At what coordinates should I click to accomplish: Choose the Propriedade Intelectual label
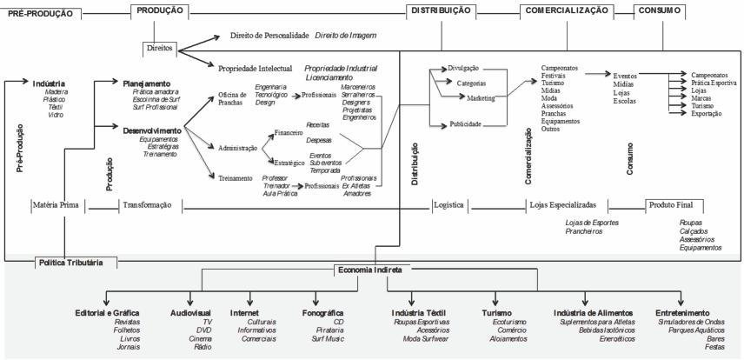(256, 67)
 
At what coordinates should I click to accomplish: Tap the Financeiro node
(288, 133)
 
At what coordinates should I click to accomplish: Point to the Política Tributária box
(70, 262)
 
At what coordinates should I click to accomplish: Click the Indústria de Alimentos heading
(594, 311)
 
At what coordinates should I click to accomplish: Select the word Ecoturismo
(507, 322)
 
